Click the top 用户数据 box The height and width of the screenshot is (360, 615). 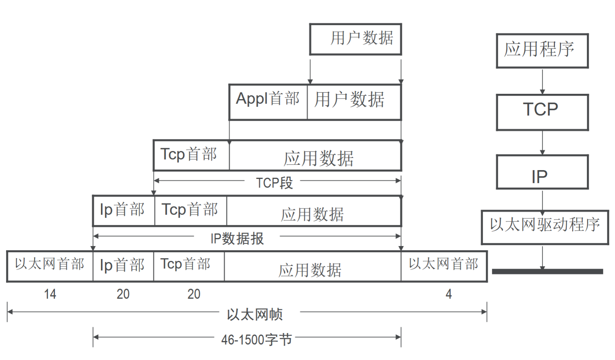click(355, 39)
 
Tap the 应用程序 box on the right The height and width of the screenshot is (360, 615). click(542, 51)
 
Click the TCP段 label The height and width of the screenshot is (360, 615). click(274, 183)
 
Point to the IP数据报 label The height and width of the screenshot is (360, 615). click(237, 238)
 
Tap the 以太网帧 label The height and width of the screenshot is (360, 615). click(255, 314)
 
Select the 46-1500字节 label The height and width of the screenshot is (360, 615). click(256, 339)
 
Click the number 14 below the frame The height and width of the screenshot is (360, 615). click(50, 294)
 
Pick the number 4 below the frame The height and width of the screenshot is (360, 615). click(449, 294)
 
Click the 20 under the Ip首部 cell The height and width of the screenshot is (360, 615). click(123, 294)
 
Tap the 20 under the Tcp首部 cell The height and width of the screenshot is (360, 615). click(194, 294)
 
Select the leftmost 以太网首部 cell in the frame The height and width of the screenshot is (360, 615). click(50, 266)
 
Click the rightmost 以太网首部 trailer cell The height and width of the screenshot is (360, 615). click(444, 266)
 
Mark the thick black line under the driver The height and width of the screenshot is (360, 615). click(547, 272)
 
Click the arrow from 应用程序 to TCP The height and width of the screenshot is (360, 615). click(542, 81)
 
